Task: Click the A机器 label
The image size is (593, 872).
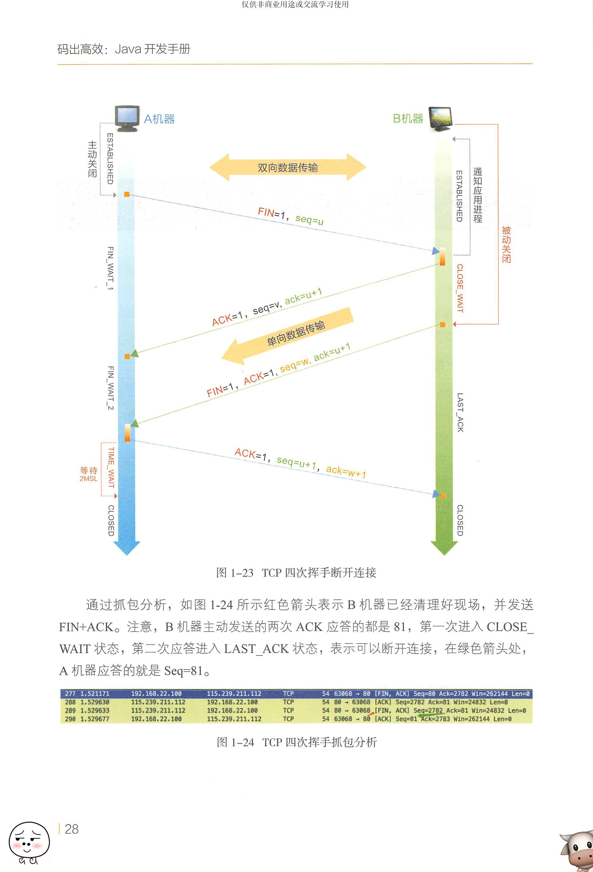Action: pyautogui.click(x=159, y=119)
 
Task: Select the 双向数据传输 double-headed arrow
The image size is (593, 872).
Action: pyautogui.click(x=288, y=167)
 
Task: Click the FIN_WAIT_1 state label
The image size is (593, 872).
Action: pyautogui.click(x=110, y=268)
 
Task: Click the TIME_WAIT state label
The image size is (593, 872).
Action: pyautogui.click(x=111, y=467)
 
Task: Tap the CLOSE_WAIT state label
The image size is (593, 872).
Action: pyautogui.click(x=460, y=288)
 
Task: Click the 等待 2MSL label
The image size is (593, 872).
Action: pyautogui.click(x=89, y=474)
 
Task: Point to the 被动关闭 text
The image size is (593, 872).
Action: pyautogui.click(x=506, y=244)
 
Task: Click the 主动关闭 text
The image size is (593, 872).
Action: pyautogui.click(x=92, y=159)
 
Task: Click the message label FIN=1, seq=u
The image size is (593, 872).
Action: pyautogui.click(x=290, y=217)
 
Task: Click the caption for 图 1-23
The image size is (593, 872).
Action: pyautogui.click(x=296, y=573)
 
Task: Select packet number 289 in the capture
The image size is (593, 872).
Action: pyautogui.click(x=70, y=710)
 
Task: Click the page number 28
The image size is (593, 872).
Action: pyautogui.click(x=71, y=829)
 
